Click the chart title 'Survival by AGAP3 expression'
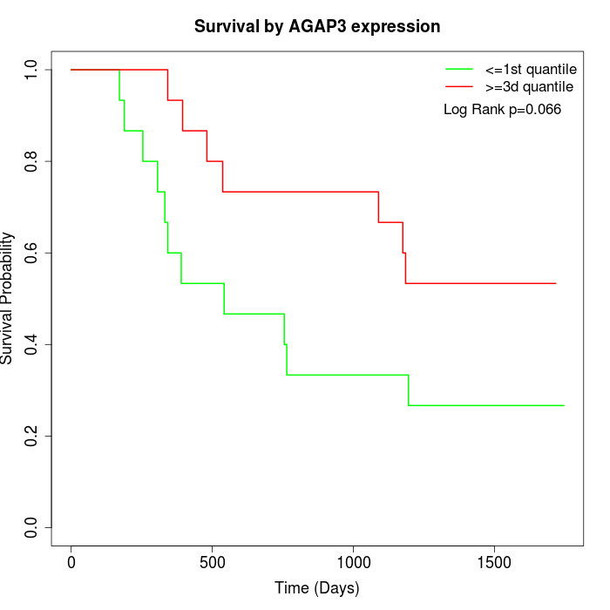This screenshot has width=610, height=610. tap(317, 26)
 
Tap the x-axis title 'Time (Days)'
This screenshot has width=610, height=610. tap(317, 588)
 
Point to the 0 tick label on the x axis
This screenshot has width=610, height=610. tap(71, 561)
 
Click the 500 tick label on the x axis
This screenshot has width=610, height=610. tap(213, 561)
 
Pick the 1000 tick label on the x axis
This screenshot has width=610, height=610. tap(354, 561)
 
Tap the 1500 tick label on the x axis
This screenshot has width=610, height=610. tap(495, 561)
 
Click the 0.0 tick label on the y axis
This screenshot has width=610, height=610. tap(32, 527)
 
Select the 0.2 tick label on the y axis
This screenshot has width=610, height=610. tap(32, 436)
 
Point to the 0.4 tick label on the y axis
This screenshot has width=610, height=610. tap(32, 344)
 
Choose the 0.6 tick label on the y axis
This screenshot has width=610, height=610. tap(32, 253)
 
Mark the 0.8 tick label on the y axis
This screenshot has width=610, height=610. tap(32, 161)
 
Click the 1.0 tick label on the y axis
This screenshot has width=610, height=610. tap(32, 70)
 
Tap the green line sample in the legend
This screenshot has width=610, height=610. tap(459, 69)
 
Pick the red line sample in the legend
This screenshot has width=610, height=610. tap(459, 86)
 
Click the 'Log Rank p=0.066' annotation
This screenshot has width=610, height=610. tap(502, 110)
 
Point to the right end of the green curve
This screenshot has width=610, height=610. tap(564, 405)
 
